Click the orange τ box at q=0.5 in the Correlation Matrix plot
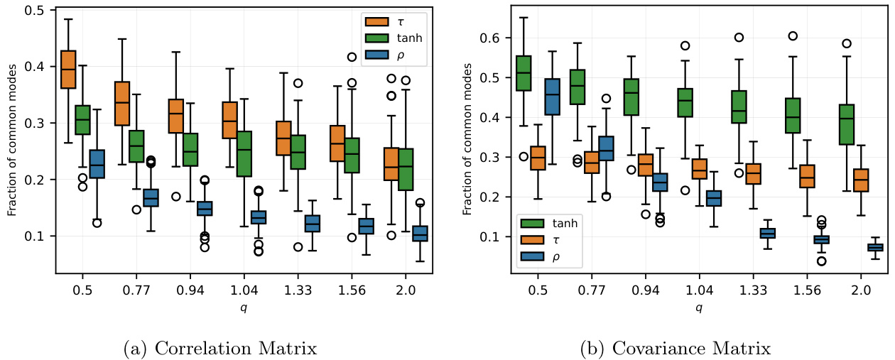click(x=68, y=70)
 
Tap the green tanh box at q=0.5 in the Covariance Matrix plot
click(x=524, y=73)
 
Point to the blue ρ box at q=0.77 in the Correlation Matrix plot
click(x=151, y=197)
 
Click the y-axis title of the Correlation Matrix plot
click(x=12, y=142)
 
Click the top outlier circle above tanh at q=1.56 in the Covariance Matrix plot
click(x=793, y=36)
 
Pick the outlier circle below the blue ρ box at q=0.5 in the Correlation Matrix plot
click(x=97, y=223)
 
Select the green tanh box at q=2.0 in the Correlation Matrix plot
click(x=406, y=169)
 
